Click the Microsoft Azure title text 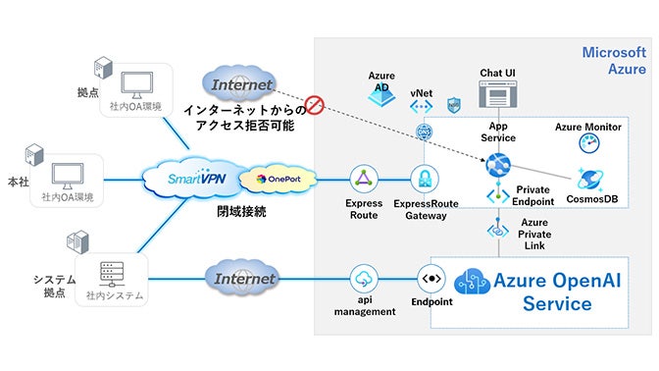[x=614, y=60]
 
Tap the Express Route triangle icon [x=365, y=179]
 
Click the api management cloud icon [x=365, y=278]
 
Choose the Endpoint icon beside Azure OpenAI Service [x=432, y=277]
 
